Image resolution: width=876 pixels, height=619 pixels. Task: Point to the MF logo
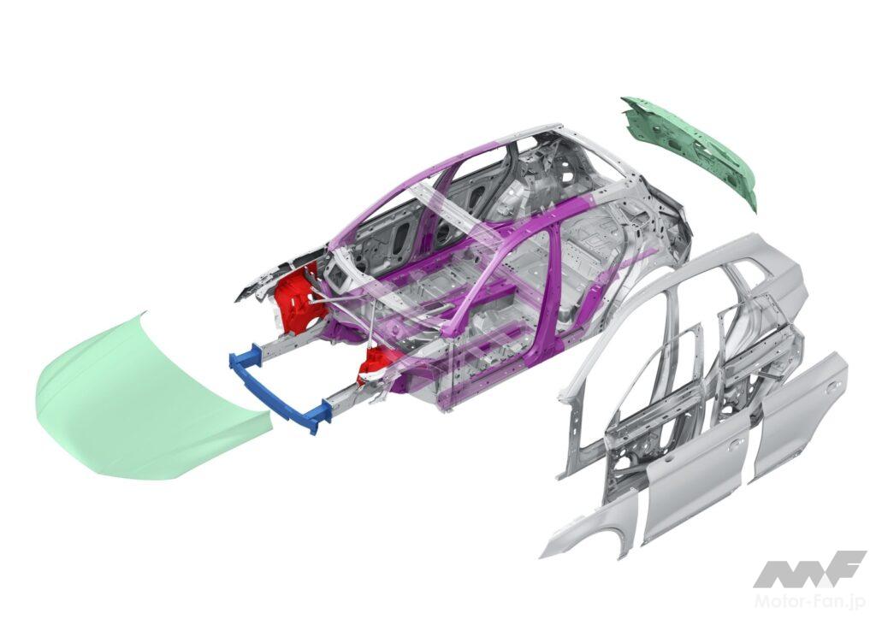[809, 569]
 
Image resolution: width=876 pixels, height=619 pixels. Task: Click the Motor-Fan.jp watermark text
[810, 600]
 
